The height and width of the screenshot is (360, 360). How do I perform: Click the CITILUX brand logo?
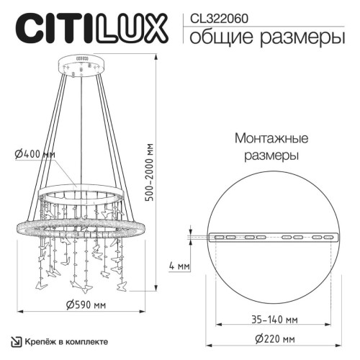[x=90, y=30]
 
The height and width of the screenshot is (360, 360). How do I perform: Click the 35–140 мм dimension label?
[x=271, y=318]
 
